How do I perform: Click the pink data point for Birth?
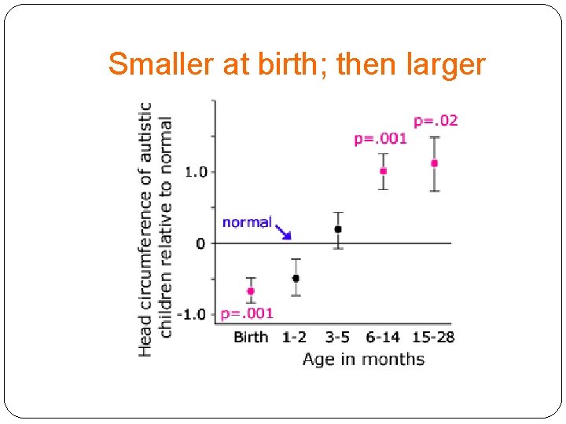tap(251, 291)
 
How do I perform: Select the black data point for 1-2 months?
tap(296, 278)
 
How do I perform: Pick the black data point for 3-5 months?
tap(338, 229)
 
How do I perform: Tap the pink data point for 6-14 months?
tap(384, 170)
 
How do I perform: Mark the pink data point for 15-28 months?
tap(434, 163)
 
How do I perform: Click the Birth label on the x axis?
tap(251, 338)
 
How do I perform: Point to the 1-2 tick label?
tap(294, 338)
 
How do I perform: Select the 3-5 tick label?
tap(337, 338)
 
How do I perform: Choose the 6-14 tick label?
tap(383, 338)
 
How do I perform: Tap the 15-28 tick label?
tap(433, 338)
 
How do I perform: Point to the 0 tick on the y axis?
tap(200, 243)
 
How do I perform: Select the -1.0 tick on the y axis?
tap(192, 314)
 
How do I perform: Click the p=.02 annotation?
tap(436, 121)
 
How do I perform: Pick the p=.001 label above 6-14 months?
tap(380, 139)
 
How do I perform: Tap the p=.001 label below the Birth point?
tap(247, 313)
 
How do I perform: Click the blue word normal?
tap(247, 222)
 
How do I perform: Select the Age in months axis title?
tap(363, 360)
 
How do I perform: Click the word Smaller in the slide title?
tap(161, 64)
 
